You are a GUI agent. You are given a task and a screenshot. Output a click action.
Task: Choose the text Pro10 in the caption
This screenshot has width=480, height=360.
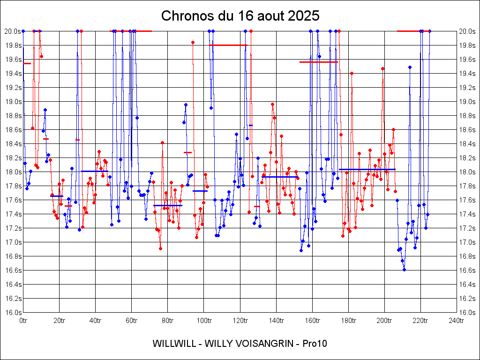coord(315,344)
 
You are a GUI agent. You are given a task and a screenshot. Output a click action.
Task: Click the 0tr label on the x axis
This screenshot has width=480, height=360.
coord(23,321)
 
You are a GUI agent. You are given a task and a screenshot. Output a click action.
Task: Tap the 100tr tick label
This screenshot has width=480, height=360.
coord(203,321)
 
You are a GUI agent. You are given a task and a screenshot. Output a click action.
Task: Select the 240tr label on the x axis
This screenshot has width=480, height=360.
coord(456,321)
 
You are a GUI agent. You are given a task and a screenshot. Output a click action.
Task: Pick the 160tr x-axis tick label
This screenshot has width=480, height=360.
coord(312,321)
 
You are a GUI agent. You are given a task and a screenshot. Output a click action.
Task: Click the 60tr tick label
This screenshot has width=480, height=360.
coord(131,321)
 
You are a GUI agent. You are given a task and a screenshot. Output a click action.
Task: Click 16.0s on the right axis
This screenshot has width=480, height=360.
coord(467,313)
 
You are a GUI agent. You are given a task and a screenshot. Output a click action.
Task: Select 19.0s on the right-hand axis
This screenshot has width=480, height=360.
coord(467,102)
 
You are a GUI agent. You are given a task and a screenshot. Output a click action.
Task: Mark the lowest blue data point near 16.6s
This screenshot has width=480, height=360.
coord(404,270)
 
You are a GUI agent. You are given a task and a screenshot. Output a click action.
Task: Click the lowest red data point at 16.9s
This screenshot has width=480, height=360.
coord(160,248)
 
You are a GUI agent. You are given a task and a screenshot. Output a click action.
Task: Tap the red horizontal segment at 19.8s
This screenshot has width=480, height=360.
coord(228,45)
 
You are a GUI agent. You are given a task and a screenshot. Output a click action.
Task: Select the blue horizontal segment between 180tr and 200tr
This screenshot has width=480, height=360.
coord(367,169)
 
